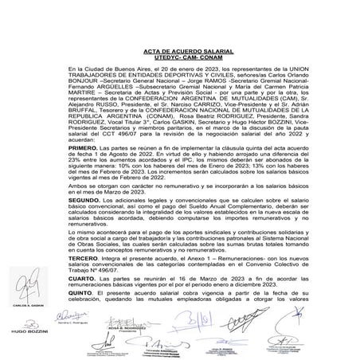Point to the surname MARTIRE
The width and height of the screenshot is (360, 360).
(x=84, y=92)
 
